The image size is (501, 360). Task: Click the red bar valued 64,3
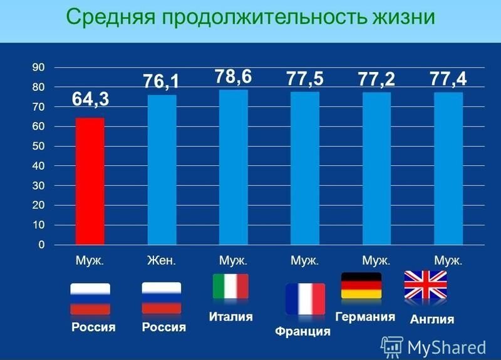click(90, 181)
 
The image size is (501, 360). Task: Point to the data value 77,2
click(376, 80)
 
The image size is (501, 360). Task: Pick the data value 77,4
click(448, 80)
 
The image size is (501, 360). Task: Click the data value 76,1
click(162, 81)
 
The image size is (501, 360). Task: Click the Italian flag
click(230, 286)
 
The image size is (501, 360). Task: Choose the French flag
click(305, 299)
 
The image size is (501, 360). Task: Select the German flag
click(361, 285)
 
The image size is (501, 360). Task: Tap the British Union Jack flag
click(425, 285)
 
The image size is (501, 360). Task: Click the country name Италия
click(230, 317)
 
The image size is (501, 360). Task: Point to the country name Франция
click(302, 331)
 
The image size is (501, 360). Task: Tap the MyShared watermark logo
click(435, 346)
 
